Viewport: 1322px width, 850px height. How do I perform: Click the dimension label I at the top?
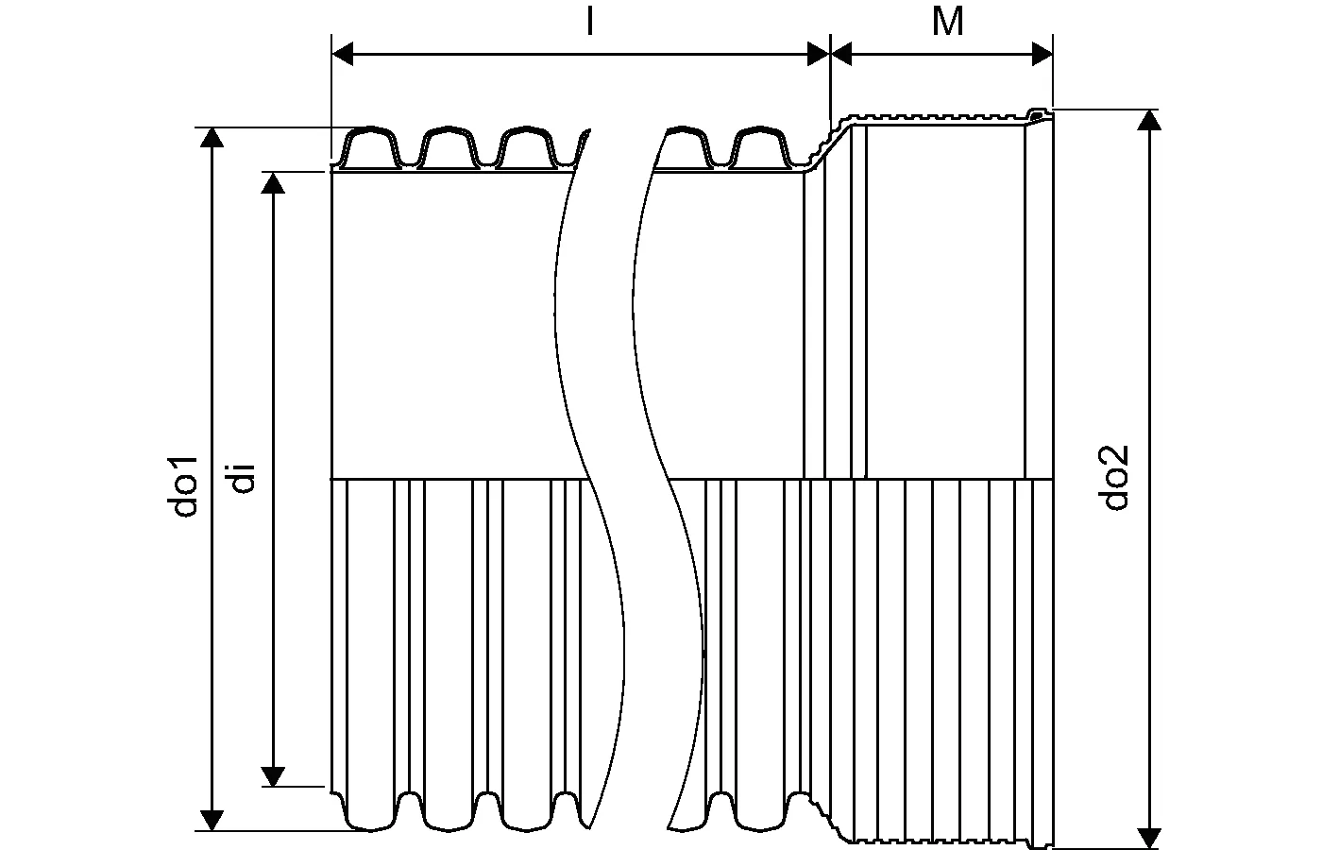pyautogui.click(x=589, y=22)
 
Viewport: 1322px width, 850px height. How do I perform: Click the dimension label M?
pyautogui.click(x=947, y=22)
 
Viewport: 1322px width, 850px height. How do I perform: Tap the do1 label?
pyautogui.click(x=185, y=485)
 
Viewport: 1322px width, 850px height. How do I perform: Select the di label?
pyautogui.click(x=242, y=478)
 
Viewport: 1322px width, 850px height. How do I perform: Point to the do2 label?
pyautogui.click(x=1117, y=476)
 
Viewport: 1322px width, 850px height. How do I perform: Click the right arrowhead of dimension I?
pyautogui.click(x=819, y=55)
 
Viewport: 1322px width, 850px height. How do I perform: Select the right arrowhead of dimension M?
pyautogui.click(x=1042, y=55)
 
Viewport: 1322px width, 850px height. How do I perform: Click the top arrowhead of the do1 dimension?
pyautogui.click(x=213, y=138)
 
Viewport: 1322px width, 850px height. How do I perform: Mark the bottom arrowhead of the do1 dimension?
pyautogui.click(x=213, y=820)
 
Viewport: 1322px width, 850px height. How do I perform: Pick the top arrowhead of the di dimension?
pyautogui.click(x=273, y=182)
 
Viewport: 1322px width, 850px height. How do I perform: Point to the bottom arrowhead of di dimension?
pyautogui.click(x=273, y=774)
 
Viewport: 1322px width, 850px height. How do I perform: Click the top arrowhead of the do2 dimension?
pyautogui.click(x=1149, y=120)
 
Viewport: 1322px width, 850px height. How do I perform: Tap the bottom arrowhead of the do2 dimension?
pyautogui.click(x=1149, y=837)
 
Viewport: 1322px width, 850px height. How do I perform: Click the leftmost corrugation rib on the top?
pyautogui.click(x=369, y=144)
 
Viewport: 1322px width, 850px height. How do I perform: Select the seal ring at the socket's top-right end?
pyautogui.click(x=1039, y=116)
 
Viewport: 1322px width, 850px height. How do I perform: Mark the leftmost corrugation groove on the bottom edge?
pyautogui.click(x=409, y=805)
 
